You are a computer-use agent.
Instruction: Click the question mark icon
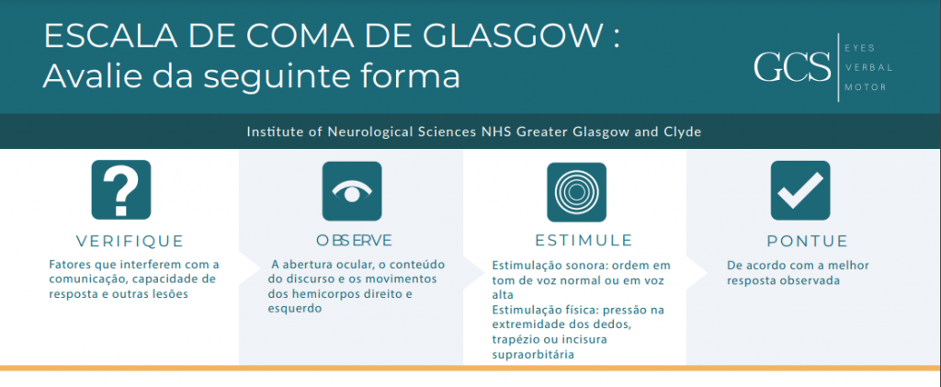coord(120,189)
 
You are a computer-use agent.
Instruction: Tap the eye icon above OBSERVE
coord(352,191)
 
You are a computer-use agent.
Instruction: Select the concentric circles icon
coord(576,191)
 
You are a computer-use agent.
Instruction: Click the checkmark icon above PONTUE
coord(800,190)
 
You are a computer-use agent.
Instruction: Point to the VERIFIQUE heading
coord(130,241)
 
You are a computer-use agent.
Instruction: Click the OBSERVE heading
coord(354,241)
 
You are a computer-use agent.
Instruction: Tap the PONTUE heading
coord(807,241)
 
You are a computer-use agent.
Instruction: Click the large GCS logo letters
coord(792,67)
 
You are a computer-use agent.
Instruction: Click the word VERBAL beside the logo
coord(868,67)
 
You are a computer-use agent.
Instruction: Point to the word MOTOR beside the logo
coord(866,87)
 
